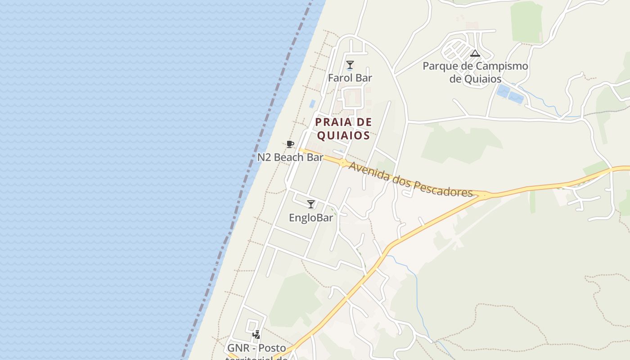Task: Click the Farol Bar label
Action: tap(350, 78)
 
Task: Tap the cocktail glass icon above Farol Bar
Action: tap(350, 65)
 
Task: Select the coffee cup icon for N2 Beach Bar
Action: tap(290, 144)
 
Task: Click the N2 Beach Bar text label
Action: tap(290, 157)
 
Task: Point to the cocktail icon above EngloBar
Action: tap(311, 204)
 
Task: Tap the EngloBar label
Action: tap(311, 218)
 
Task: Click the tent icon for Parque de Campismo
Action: tap(475, 54)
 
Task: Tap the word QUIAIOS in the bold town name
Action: tap(343, 135)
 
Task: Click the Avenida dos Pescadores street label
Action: tap(410, 179)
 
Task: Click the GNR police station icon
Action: tap(256, 335)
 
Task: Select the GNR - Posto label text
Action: tap(256, 348)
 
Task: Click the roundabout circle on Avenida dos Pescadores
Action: tap(343, 163)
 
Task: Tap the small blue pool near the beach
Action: tap(312, 103)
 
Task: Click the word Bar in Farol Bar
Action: tap(364, 78)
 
